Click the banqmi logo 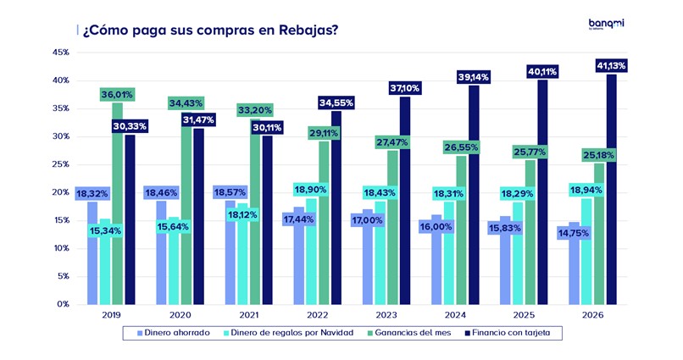(606, 25)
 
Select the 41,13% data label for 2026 (610, 65)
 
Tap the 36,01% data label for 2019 (117, 94)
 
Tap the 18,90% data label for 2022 (312, 189)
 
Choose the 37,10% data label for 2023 (405, 88)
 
